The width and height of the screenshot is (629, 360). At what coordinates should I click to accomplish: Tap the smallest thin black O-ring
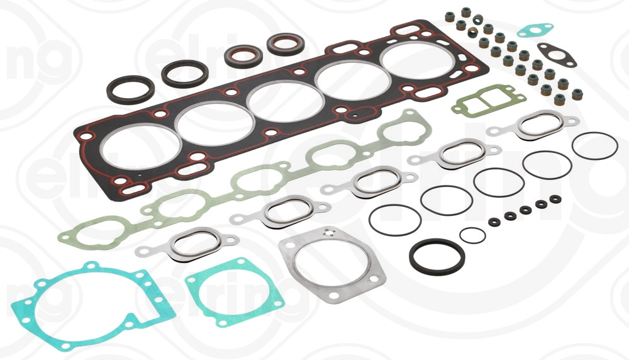472,235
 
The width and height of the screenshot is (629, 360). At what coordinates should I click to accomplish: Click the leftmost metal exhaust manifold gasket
186,244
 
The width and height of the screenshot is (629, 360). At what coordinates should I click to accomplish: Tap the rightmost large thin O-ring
595,147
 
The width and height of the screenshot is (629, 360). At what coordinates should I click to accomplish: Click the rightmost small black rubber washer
555,199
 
